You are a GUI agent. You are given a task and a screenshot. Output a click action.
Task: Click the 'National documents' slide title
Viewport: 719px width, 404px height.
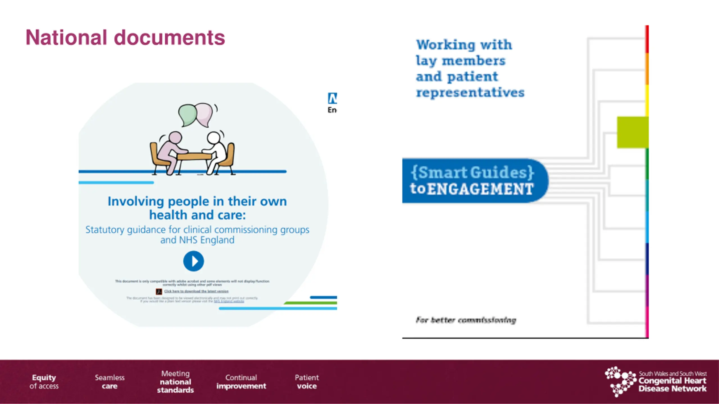click(x=125, y=38)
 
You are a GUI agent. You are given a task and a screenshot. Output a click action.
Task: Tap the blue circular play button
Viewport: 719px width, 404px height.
click(x=194, y=261)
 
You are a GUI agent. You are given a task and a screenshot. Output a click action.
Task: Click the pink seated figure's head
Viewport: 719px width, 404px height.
click(x=175, y=138)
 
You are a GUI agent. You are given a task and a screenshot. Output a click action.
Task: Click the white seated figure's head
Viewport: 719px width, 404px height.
click(x=214, y=138)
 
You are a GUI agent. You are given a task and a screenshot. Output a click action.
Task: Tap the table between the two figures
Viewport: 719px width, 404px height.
click(x=194, y=155)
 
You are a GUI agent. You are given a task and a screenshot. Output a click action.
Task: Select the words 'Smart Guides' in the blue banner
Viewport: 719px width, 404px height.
click(x=472, y=172)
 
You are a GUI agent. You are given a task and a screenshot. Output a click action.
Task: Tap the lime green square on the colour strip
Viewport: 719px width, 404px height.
click(x=632, y=132)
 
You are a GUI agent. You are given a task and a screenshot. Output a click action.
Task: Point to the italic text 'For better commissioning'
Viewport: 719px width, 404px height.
click(x=466, y=320)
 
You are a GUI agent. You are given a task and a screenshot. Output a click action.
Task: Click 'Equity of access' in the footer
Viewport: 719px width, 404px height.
click(x=44, y=382)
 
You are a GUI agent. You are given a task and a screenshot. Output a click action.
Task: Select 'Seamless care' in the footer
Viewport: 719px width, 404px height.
click(x=110, y=382)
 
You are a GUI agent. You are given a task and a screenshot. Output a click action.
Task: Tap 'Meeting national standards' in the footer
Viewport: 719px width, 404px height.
click(x=176, y=382)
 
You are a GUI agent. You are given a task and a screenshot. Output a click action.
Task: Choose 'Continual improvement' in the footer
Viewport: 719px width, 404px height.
click(x=241, y=382)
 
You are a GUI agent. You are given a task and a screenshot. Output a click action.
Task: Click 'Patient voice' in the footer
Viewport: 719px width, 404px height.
click(x=307, y=382)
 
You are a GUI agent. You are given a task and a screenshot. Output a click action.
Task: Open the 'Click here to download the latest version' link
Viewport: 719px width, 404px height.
click(x=196, y=291)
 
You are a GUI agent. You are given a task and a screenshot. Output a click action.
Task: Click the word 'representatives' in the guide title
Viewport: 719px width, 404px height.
click(x=470, y=93)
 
